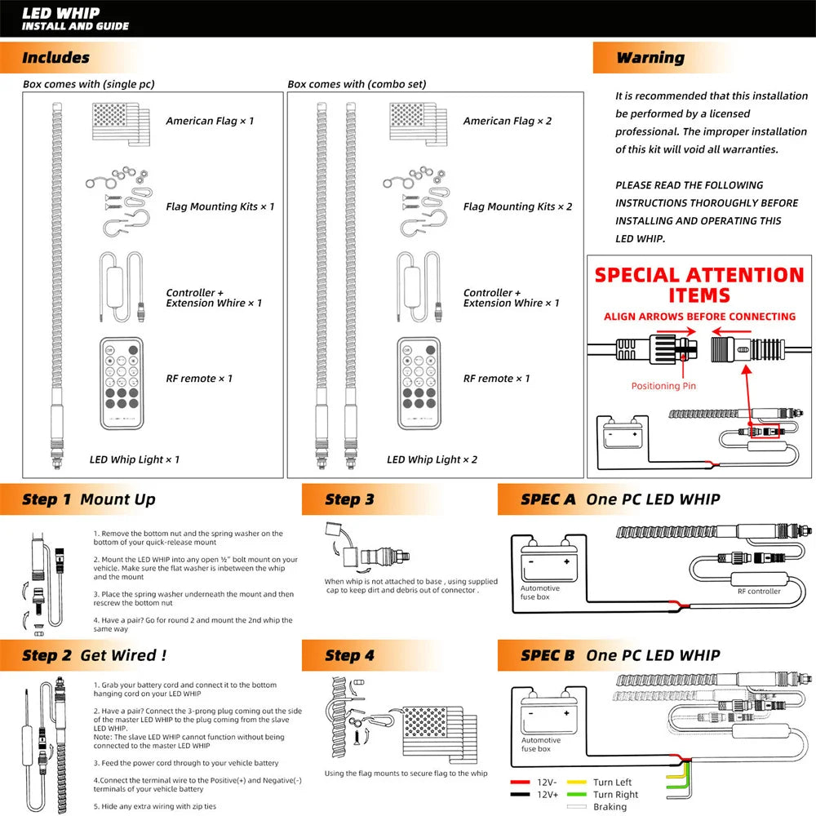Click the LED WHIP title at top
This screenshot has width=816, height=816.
tap(60, 13)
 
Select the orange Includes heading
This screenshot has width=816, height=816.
tap(55, 58)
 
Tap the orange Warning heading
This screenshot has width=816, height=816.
tap(650, 58)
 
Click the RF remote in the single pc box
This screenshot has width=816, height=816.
tap(122, 383)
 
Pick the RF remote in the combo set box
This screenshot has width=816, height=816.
tap(419, 383)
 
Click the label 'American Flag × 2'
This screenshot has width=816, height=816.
tap(507, 121)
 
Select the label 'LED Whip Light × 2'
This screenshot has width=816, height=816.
tap(432, 459)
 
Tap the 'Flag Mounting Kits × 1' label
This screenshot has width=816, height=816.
tap(220, 206)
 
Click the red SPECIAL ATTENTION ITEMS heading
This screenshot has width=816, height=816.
tap(699, 284)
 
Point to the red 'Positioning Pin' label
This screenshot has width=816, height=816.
tap(663, 386)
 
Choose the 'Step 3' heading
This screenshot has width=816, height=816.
tap(349, 499)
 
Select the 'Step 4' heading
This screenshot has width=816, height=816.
tap(349, 655)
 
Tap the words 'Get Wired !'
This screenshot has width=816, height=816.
tap(123, 655)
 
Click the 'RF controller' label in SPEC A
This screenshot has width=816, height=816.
tap(759, 591)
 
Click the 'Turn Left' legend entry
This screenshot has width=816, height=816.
tap(612, 783)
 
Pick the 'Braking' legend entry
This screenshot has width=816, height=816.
tap(610, 807)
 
